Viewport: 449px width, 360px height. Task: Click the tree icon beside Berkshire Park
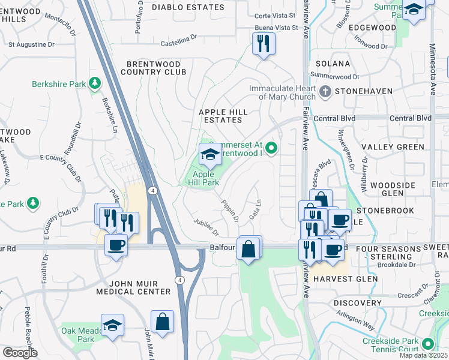(95, 84)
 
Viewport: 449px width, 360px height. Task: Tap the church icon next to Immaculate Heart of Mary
(325, 92)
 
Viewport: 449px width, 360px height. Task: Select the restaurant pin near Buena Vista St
(264, 44)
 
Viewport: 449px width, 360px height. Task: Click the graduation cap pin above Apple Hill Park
(210, 155)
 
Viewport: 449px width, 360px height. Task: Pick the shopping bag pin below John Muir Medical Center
(162, 322)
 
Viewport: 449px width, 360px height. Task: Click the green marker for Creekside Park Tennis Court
(428, 344)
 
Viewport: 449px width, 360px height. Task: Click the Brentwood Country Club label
(154, 68)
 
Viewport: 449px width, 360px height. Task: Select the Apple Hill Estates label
(224, 116)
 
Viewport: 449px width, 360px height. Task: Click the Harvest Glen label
(345, 279)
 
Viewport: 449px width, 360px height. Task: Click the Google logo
(20, 353)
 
